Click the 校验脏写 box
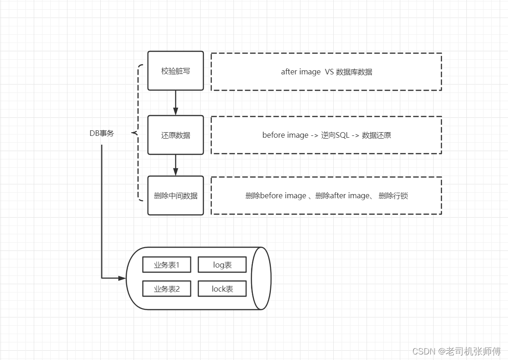(176, 71)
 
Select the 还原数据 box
(176, 135)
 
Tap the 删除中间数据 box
(176, 195)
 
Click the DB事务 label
(102, 133)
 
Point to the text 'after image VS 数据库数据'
(326, 72)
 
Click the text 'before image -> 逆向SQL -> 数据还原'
(326, 135)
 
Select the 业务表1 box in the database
(166, 265)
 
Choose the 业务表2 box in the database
(166, 289)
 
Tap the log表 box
(222, 265)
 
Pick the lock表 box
(222, 289)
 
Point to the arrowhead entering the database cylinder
(122, 278)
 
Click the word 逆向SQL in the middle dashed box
(335, 135)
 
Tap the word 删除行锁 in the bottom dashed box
(393, 195)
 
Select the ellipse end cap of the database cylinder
(261, 278)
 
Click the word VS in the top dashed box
(329, 72)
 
